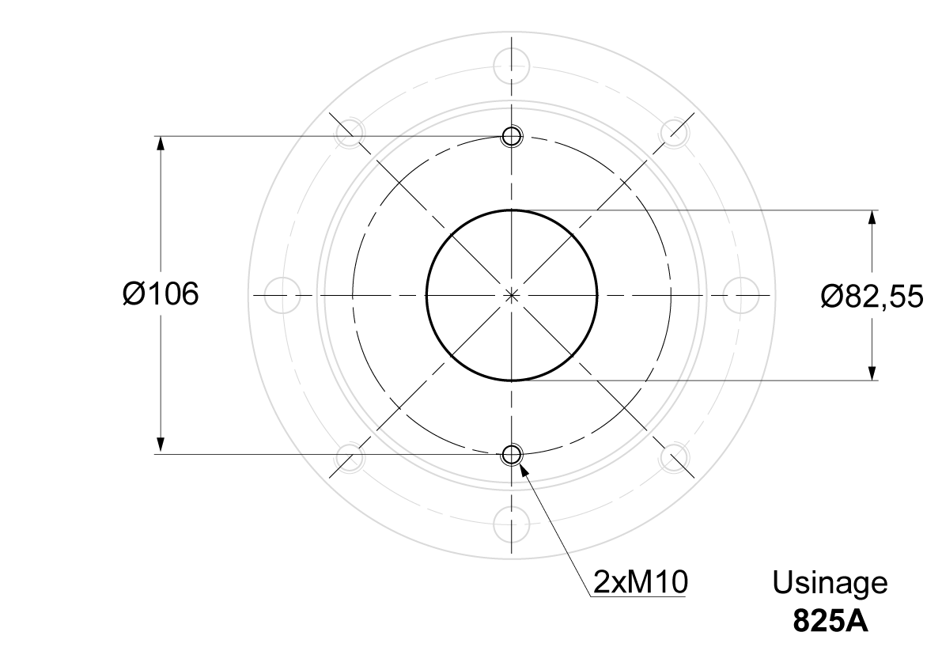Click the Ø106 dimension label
[x=161, y=294]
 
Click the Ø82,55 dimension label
[x=872, y=296]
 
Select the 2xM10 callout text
[x=641, y=581]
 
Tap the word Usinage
[x=830, y=583]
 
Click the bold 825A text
[x=830, y=621]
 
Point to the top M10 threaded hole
[x=512, y=136]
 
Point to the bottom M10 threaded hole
[x=512, y=455]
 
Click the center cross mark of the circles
[x=512, y=295]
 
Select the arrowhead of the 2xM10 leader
[x=524, y=470]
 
